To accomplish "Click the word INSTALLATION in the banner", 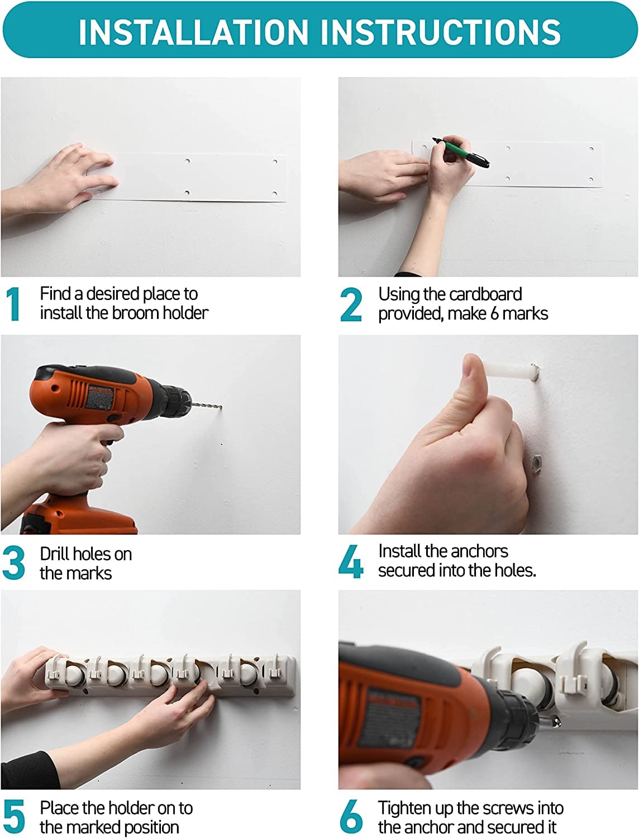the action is click(x=193, y=31).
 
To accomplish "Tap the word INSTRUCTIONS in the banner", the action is click(x=441, y=31).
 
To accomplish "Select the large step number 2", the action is click(x=351, y=304).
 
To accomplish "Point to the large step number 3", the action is click(x=13, y=563).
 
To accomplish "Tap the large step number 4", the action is click(x=351, y=561).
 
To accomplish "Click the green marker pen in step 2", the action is click(x=461, y=153).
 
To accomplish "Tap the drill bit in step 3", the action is click(x=207, y=406).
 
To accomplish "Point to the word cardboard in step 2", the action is click(x=485, y=294).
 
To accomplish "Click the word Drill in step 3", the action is click(x=56, y=554).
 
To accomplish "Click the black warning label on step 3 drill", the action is click(x=100, y=397).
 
